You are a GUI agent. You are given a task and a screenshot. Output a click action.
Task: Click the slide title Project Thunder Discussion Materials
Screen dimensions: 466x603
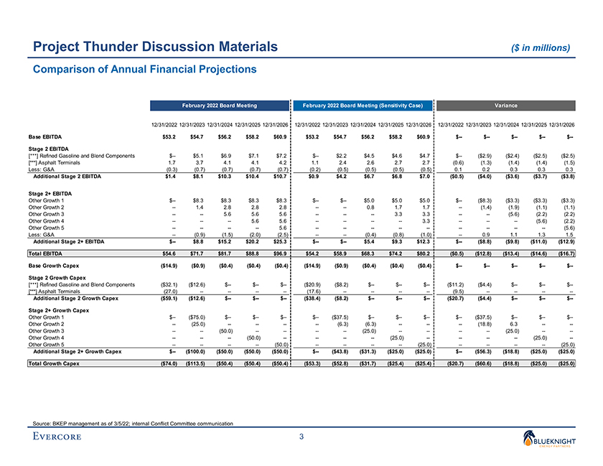point(151,47)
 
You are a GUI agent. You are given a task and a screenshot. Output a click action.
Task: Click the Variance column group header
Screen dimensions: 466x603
point(507,106)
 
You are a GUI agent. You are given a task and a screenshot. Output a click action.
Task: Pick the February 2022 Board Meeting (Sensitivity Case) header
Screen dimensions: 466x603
point(363,106)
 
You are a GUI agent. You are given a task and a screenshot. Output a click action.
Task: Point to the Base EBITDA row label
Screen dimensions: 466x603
point(44,136)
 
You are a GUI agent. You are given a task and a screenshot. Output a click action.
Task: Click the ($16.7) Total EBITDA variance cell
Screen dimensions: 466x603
point(564,254)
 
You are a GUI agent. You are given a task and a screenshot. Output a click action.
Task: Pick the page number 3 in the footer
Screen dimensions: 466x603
point(302,437)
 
